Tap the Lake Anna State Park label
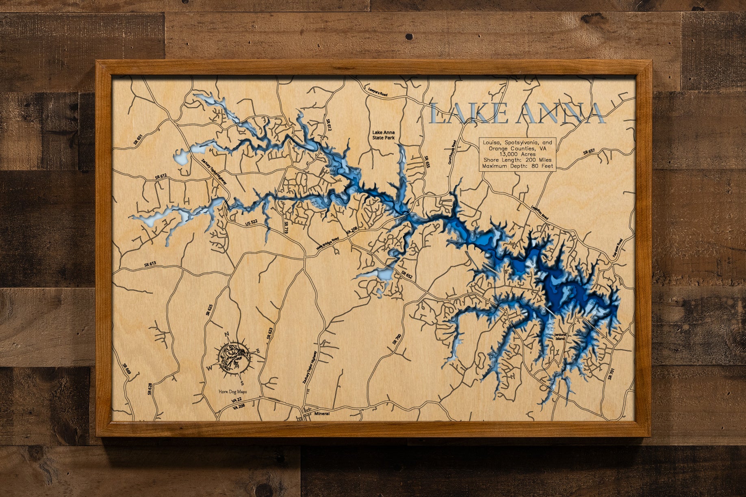pyautogui.click(x=384, y=135)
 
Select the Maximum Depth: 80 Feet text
pyautogui.click(x=517, y=166)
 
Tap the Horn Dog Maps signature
pyautogui.click(x=232, y=392)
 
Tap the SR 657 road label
pyautogui.click(x=589, y=152)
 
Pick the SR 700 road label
pyautogui.click(x=397, y=339)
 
